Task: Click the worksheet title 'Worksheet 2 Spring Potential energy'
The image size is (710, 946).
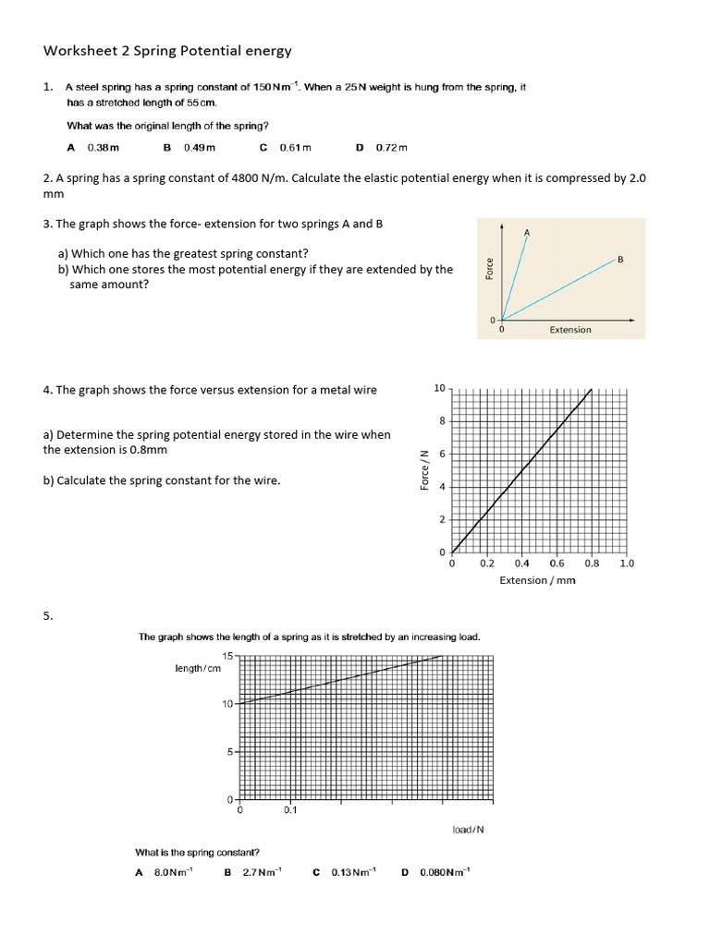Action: (x=167, y=51)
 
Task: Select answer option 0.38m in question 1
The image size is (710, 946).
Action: (x=103, y=148)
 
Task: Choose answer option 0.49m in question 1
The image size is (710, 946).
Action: (x=199, y=148)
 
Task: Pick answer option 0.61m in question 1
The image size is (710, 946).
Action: (x=295, y=148)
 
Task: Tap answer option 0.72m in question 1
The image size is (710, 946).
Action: (x=391, y=148)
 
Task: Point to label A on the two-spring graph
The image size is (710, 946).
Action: (x=527, y=232)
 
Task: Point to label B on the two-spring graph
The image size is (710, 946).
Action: (x=620, y=260)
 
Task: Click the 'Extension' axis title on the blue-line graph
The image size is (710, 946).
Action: (x=570, y=330)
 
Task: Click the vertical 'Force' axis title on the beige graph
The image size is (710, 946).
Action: (x=489, y=269)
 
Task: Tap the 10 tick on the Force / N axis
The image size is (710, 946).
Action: (x=439, y=388)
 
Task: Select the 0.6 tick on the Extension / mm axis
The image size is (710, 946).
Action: (x=557, y=563)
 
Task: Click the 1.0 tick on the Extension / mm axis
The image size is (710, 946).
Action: (x=626, y=563)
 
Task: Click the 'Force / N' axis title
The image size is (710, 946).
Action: (x=424, y=470)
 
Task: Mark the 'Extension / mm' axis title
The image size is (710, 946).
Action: (x=537, y=580)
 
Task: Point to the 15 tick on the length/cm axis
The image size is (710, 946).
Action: (x=227, y=656)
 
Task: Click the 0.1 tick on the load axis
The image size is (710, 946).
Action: (x=290, y=810)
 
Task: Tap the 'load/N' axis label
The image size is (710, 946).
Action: (x=468, y=830)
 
